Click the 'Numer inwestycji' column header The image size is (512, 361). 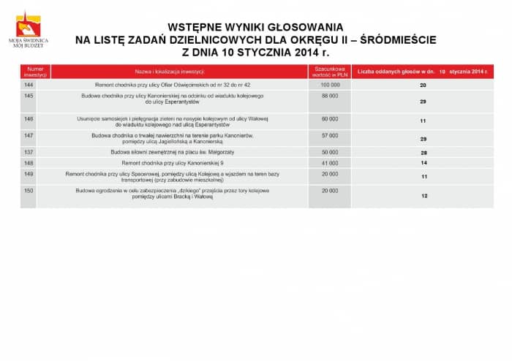pyautogui.click(x=34, y=72)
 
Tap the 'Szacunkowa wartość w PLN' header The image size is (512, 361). pyautogui.click(x=329, y=72)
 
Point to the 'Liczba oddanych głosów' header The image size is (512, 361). pyautogui.click(x=423, y=72)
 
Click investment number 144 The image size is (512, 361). pyautogui.click(x=29, y=85)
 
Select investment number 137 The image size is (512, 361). pyautogui.click(x=29, y=152)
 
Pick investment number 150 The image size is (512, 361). pyautogui.click(x=29, y=191)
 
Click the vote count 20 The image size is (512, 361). pyautogui.click(x=423, y=86)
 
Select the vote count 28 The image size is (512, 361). pyautogui.click(x=423, y=153)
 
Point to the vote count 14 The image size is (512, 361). pyautogui.click(x=423, y=162)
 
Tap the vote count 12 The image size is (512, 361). pyautogui.click(x=424, y=197)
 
